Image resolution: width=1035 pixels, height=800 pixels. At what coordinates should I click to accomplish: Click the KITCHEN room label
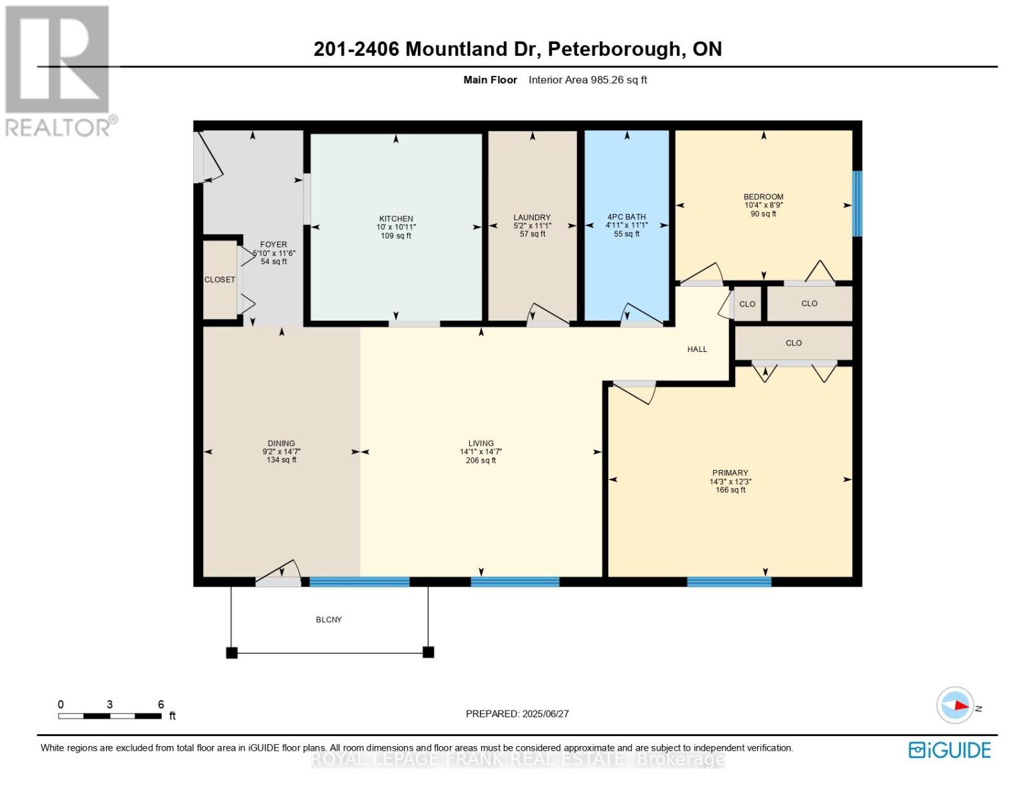pos(396,219)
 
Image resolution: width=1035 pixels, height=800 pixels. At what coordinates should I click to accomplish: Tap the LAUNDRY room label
pos(532,217)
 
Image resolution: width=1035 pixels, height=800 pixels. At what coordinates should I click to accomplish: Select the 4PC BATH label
pos(626,217)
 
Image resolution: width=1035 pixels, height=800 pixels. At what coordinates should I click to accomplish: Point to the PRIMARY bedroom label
pos(730,473)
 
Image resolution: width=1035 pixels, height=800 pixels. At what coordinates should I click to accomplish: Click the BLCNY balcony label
pos(329,620)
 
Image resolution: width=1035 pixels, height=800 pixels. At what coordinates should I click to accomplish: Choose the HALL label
pos(697,349)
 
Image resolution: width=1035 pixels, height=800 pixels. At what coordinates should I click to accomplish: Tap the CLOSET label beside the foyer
pos(219,280)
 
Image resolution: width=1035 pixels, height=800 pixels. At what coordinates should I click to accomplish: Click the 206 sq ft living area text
pos(481,461)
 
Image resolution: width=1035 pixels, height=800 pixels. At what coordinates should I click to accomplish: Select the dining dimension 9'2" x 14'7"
pos(281,452)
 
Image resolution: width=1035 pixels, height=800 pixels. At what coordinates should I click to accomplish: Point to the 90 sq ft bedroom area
pos(763,214)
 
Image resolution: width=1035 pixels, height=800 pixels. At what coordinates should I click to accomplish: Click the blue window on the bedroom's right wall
pos(857,203)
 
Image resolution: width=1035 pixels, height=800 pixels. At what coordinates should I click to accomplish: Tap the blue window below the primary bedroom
pos(728,582)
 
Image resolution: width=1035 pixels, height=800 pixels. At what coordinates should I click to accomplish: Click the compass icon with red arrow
pos(955,705)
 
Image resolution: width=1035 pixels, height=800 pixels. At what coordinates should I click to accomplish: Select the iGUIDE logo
pos(949,750)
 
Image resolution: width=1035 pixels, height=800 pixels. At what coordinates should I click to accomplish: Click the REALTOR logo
pos(59,70)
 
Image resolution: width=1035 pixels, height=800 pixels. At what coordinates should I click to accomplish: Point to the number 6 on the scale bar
pos(161,705)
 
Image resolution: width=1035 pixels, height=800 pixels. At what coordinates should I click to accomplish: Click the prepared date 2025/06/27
pos(545,714)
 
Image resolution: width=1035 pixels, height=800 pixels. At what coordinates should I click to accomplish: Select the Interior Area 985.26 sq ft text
pos(587,80)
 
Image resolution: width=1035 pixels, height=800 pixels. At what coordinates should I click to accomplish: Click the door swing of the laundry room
pos(548,315)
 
